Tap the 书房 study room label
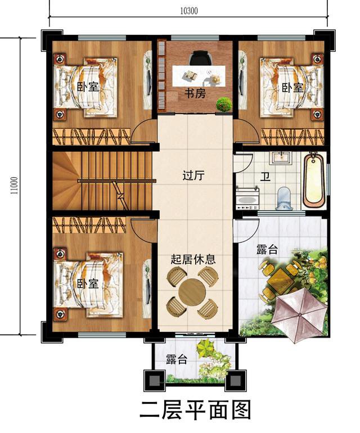pos(195,94)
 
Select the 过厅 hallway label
pos(193,175)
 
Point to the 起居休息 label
pos(193,260)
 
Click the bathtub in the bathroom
pos(314,180)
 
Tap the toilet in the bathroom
pos(285,197)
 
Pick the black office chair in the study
pos(198,58)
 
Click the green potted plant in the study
pos(224,104)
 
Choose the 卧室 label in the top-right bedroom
pos(292,88)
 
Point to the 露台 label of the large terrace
pos(267,250)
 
